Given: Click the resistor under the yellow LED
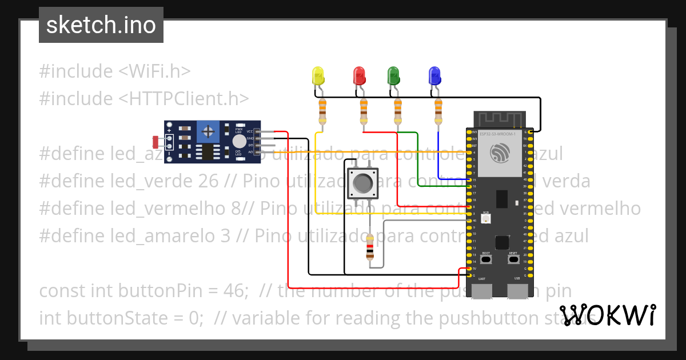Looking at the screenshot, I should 322,110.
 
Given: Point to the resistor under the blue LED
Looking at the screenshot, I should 438,110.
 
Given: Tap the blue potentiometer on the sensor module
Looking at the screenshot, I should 209,133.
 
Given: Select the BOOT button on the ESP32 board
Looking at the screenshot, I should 486,259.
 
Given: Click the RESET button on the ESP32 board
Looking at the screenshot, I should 513,259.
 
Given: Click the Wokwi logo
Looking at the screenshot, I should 608,315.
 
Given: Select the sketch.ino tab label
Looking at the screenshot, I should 101,25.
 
